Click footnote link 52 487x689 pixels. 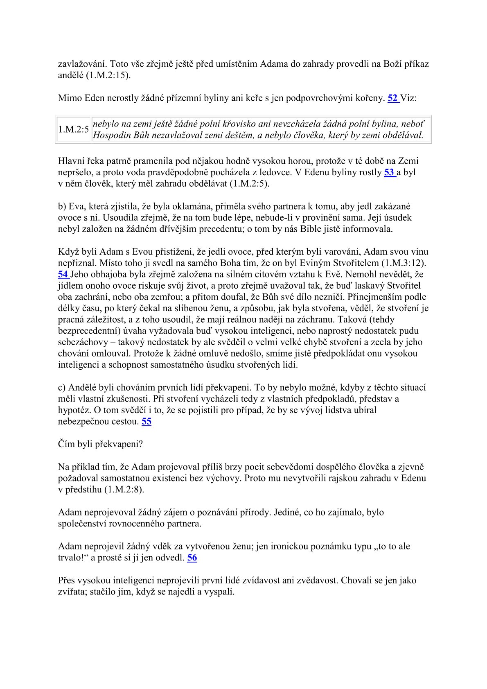[x=392, y=98]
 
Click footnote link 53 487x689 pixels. [x=389, y=172]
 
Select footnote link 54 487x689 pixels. [x=63, y=274]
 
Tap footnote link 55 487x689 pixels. [x=147, y=421]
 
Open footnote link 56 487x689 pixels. [x=192, y=558]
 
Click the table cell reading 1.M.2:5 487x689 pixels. [x=73, y=129]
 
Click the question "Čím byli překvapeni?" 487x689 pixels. [x=100, y=444]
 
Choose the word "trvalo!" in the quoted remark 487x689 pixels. [x=73, y=558]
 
